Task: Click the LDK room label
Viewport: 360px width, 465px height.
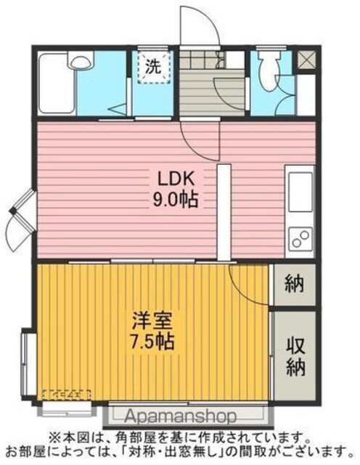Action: pos(176,179)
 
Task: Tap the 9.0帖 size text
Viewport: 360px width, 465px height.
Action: pos(175,200)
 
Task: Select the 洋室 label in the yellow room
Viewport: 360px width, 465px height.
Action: pos(152,320)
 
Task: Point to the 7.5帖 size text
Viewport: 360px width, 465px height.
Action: pos(152,341)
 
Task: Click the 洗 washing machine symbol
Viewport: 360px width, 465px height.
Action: pos(154,67)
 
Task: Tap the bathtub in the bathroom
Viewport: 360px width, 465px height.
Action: pos(57,83)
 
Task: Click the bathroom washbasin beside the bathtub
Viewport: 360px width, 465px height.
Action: pos(81,60)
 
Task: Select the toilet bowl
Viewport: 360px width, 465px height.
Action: pos(269,71)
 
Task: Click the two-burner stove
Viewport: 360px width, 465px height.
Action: pos(300,239)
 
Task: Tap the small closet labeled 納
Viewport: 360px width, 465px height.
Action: pos(294,284)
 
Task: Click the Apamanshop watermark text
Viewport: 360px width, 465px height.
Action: pos(181,416)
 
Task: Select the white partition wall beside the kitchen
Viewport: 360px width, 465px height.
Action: pos(224,213)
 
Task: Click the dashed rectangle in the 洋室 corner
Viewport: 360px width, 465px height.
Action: pos(66,395)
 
